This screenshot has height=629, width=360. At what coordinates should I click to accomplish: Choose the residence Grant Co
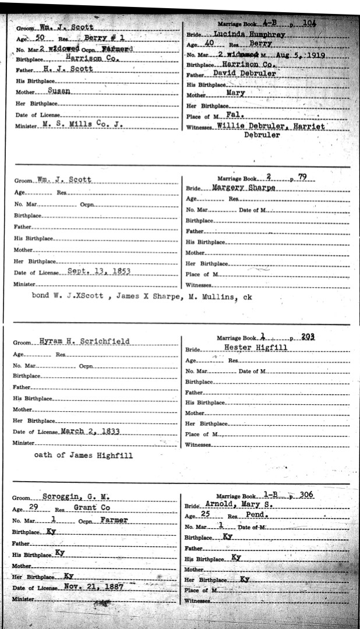tap(91, 508)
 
